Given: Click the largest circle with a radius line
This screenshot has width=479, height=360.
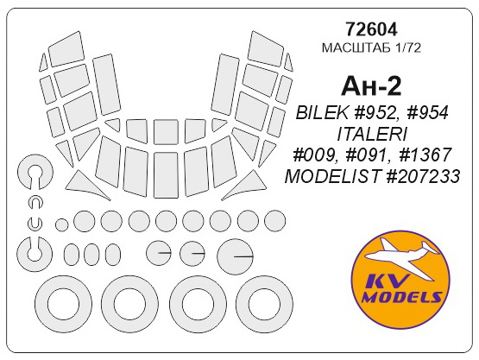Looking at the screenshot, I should click(234, 257).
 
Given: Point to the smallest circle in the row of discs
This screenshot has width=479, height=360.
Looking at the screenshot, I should click(61, 224).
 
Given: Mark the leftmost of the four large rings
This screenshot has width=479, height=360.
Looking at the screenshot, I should click(64, 304).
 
